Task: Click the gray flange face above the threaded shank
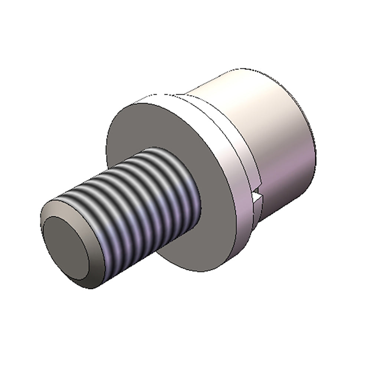pos(156,126)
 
